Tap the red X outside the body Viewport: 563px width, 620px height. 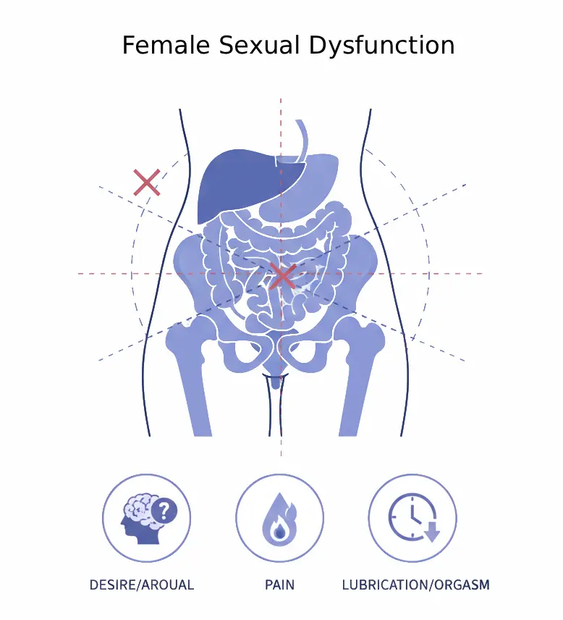point(147,182)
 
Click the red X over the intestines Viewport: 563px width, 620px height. point(282,277)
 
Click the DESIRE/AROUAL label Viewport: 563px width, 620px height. point(142,585)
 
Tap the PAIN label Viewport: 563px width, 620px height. point(279,585)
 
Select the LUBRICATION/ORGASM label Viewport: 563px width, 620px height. point(415,585)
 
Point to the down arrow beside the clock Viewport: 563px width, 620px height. point(432,532)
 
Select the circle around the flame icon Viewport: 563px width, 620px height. point(279,476)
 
